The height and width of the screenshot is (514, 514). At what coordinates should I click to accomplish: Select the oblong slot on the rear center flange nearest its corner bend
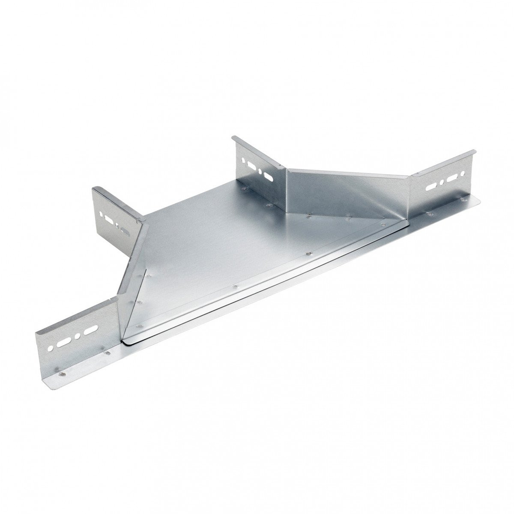(268, 176)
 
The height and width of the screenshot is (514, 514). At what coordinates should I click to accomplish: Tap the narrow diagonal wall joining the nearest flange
(133, 278)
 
